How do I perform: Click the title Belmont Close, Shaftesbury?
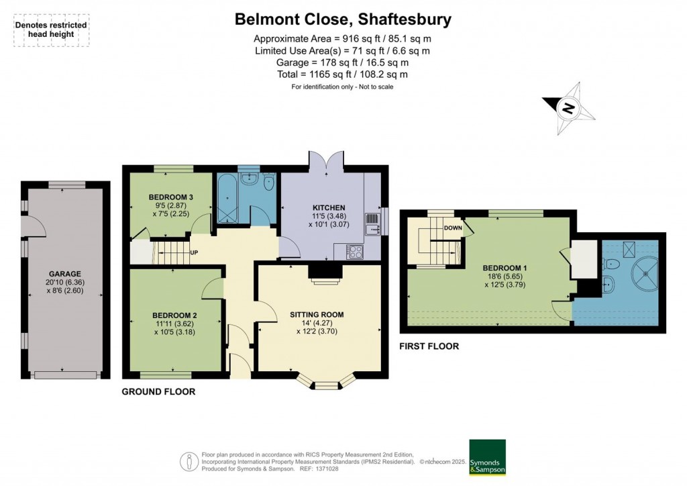343,19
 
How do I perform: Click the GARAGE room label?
64,274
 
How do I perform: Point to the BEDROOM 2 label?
174,315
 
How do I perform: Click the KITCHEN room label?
329,208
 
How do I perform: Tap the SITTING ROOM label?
317,314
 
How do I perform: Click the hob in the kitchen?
354,252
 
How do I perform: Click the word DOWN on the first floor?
452,228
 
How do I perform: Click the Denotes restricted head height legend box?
51,30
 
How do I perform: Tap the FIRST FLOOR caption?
429,346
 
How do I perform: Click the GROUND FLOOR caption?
158,391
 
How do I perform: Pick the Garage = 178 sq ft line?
343,62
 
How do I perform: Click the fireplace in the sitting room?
325,272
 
